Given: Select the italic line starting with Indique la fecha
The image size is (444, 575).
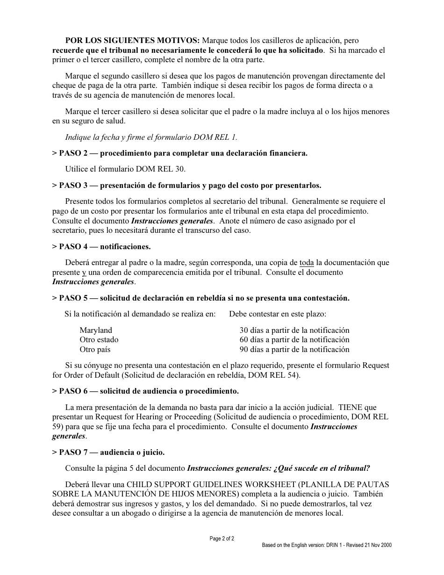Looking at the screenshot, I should point(151,137).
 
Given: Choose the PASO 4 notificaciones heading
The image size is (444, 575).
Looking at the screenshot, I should point(101,246).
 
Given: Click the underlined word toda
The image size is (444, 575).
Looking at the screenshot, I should point(307,263).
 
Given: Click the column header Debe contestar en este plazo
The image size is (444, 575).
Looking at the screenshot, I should point(278,314).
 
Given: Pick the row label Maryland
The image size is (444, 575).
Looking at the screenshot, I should point(96,330).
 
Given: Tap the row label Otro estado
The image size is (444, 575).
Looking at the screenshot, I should point(99,340).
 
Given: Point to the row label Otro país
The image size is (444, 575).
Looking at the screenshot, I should point(95,349).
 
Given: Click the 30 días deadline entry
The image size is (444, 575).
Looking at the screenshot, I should point(294,330).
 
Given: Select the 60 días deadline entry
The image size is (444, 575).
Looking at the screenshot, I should point(294,340).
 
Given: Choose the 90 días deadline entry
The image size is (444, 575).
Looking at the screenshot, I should point(294,349).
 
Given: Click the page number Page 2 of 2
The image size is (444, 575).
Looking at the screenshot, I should point(222,539).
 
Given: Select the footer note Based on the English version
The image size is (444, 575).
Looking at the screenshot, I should point(327,545).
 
